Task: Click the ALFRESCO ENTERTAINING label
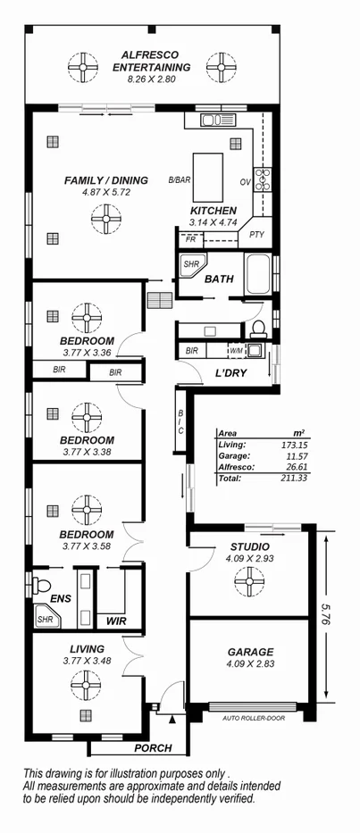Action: click(151, 60)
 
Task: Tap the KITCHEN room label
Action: click(213, 211)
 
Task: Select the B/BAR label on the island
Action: click(180, 181)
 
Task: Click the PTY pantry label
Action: click(257, 235)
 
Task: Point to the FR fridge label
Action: click(190, 239)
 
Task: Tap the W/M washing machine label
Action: click(236, 350)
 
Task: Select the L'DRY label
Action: click(230, 372)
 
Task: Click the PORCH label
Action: click(153, 748)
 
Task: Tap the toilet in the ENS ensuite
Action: click(42, 586)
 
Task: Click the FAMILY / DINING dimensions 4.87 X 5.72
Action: click(105, 191)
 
